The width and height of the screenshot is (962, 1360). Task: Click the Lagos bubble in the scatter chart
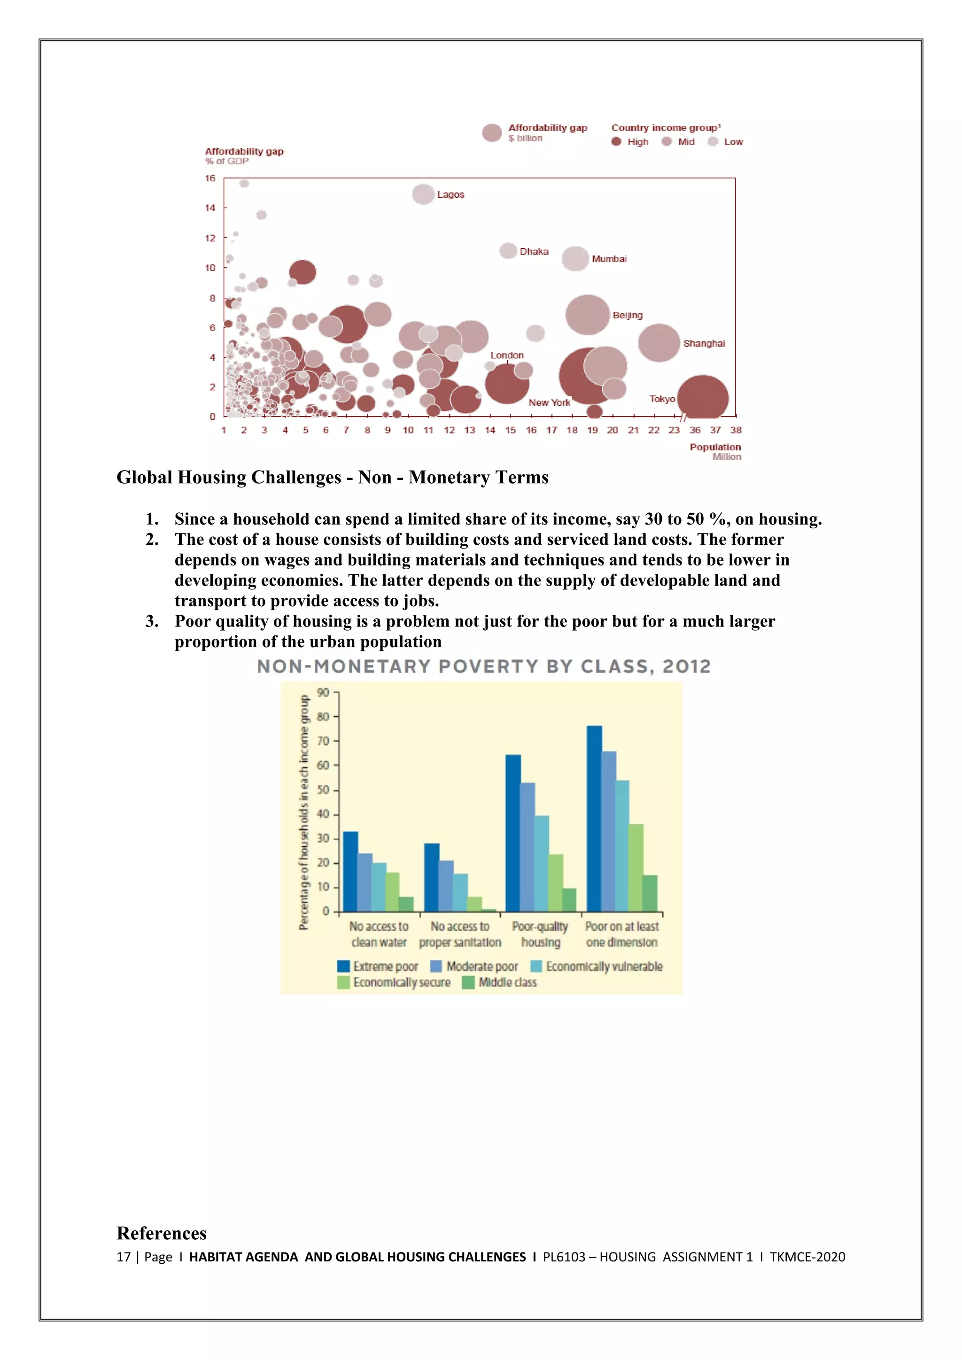423,194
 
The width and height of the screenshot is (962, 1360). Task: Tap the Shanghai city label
704,344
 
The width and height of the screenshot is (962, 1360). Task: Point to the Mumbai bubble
575,259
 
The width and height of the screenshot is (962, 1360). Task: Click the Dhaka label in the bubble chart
534,252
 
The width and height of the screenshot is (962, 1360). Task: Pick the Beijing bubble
587,315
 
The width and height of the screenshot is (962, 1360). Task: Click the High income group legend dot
616,141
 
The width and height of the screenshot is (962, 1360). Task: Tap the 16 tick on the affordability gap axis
210,178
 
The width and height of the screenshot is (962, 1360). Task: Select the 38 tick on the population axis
736,430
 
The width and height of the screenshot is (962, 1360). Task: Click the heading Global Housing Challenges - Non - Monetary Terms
332,478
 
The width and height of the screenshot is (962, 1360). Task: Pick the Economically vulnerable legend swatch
536,966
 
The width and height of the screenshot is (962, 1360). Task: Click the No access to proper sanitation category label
460,934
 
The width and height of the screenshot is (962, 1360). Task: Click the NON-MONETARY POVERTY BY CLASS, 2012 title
483,667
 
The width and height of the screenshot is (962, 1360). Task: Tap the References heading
162,1233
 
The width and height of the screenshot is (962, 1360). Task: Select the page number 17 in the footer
123,1257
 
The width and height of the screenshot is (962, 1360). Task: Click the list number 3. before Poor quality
152,621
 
